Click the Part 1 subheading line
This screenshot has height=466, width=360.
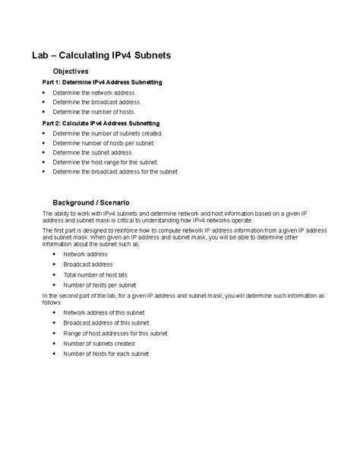(x=91, y=81)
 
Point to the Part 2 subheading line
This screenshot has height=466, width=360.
(x=90, y=122)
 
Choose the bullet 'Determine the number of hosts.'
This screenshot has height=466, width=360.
(x=93, y=111)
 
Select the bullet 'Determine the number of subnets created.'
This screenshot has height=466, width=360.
(x=107, y=132)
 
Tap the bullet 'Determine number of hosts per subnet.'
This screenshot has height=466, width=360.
(x=103, y=142)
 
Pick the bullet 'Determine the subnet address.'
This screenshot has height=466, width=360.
(x=93, y=152)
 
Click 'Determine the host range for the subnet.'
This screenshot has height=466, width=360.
(x=106, y=162)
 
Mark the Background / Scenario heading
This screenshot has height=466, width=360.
(x=91, y=202)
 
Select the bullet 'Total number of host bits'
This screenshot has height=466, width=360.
(x=98, y=274)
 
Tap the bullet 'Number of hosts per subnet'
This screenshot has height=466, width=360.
(x=99, y=284)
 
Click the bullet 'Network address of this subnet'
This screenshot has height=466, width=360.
(x=103, y=312)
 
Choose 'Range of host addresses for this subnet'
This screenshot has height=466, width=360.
(x=115, y=333)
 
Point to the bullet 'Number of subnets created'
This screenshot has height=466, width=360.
(x=99, y=343)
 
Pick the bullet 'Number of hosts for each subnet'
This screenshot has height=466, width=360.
(x=106, y=353)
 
